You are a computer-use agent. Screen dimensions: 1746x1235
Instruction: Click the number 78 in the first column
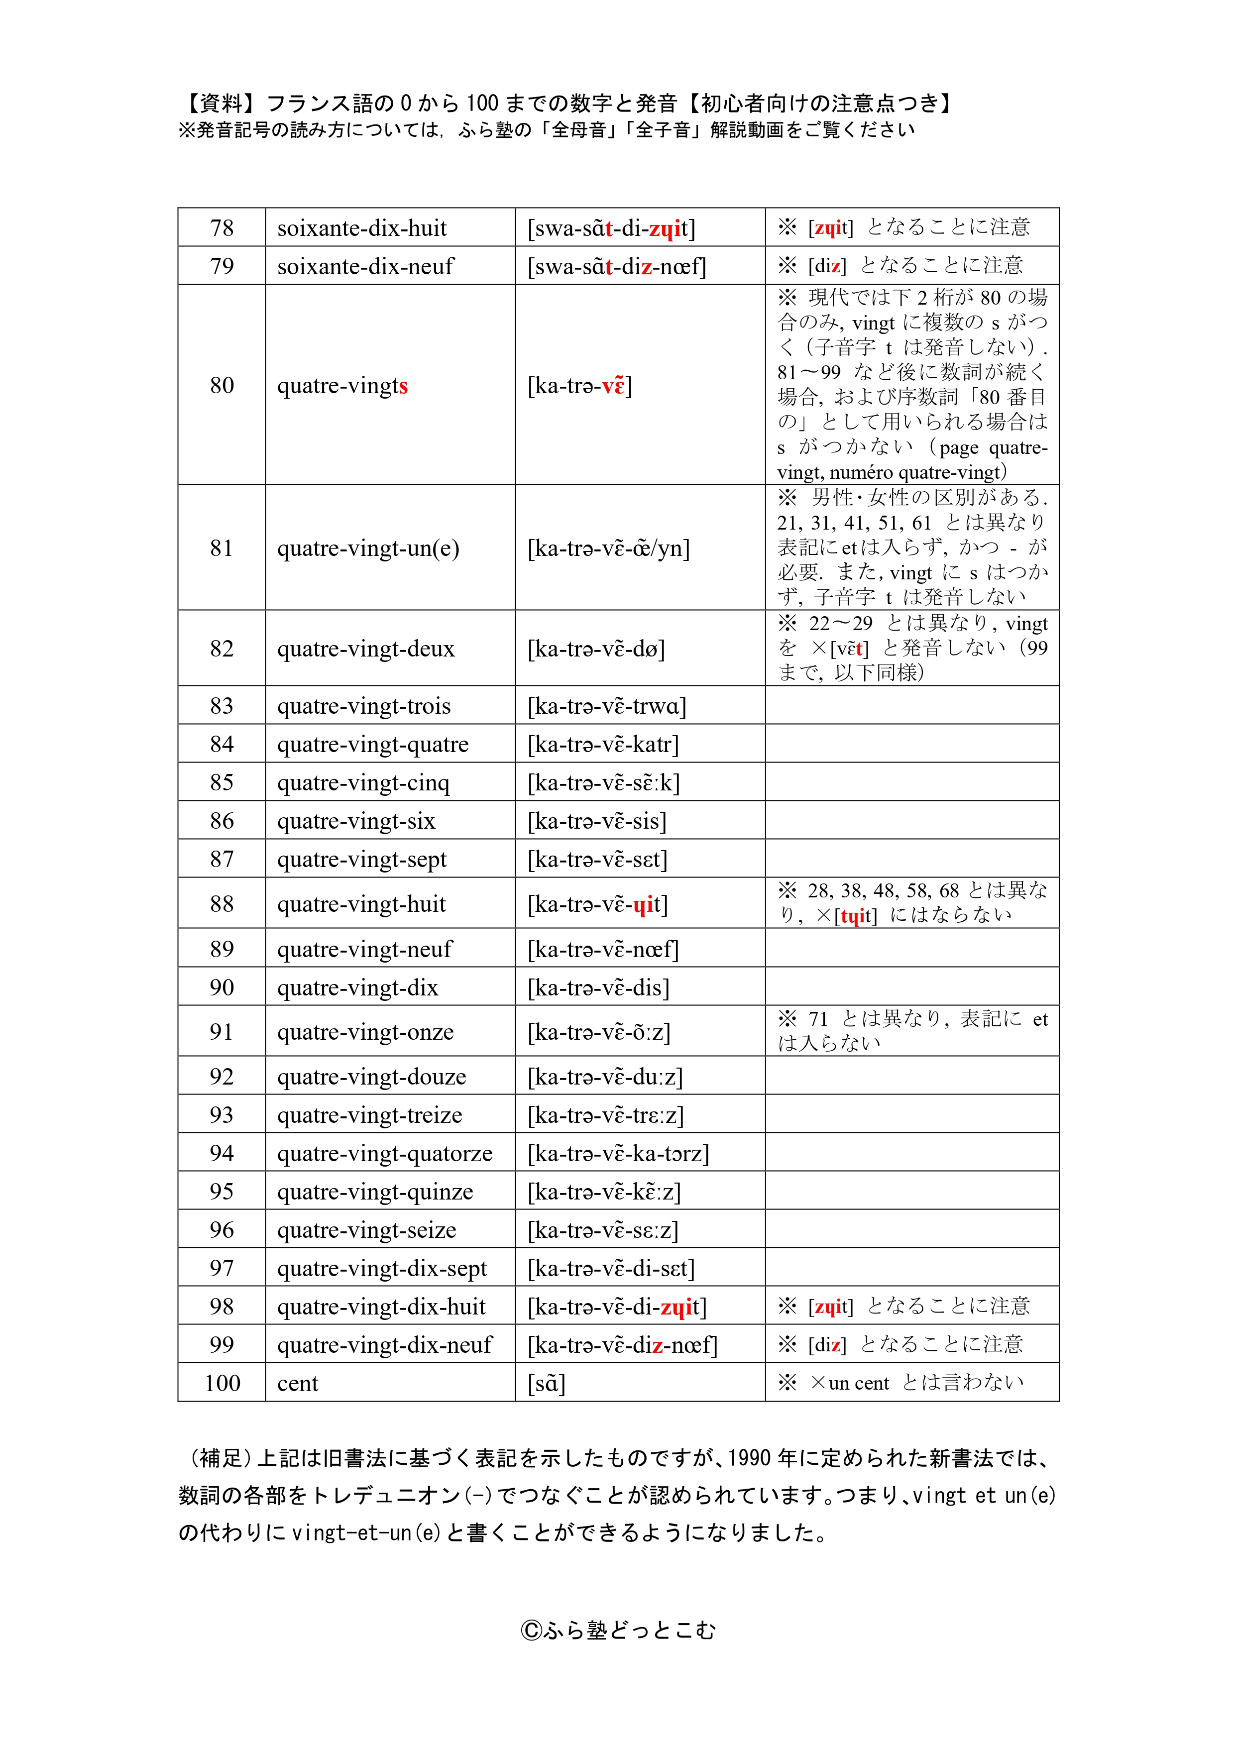(222, 227)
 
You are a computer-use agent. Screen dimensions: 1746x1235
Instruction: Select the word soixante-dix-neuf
(365, 266)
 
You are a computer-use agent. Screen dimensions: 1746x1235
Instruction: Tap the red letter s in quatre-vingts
(404, 386)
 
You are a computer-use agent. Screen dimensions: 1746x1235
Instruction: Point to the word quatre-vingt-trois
(363, 706)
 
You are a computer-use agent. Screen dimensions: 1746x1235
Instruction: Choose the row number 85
(222, 782)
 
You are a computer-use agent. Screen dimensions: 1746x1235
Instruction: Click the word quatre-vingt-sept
(361, 859)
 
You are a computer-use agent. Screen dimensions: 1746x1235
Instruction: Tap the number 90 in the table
(222, 987)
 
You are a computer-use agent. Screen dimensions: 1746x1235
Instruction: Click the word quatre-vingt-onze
(365, 1032)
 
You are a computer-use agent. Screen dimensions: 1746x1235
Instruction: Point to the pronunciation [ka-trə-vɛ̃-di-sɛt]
(611, 1268)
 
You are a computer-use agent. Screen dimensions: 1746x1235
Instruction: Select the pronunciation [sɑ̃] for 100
(547, 1383)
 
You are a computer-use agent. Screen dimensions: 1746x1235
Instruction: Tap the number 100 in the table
(222, 1383)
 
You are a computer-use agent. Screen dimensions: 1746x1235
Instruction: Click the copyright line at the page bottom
(617, 1631)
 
